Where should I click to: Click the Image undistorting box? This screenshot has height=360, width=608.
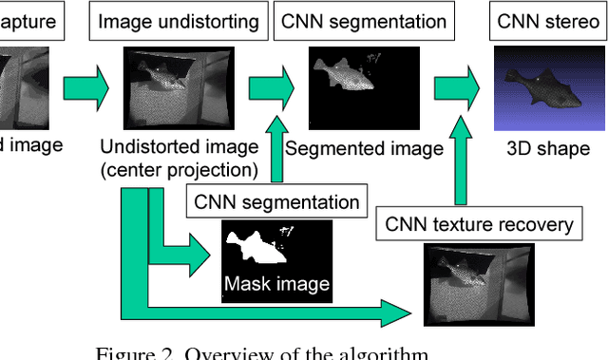pos(178,20)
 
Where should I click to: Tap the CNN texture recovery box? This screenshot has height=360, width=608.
pos(479,224)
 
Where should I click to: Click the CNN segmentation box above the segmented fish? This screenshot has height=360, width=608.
pos(363,20)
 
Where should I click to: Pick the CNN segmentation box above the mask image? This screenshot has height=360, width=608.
pos(276,201)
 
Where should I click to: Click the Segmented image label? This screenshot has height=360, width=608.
pos(364,148)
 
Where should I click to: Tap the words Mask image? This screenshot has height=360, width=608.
pos(276,283)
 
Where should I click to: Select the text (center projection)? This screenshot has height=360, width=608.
pos(179,169)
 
